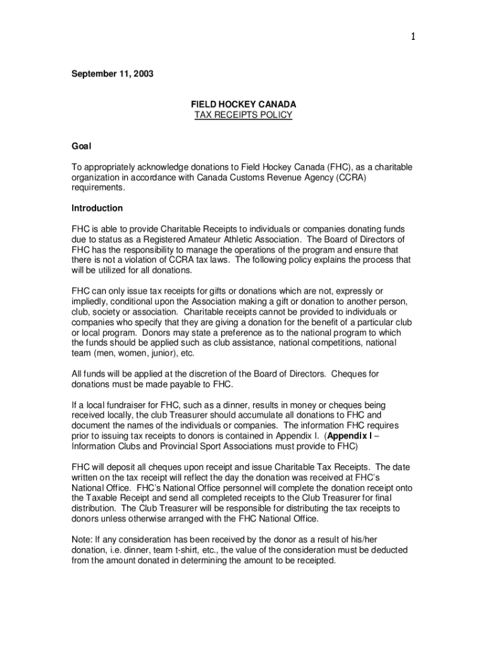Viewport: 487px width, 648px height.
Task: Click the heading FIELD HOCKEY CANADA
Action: tap(243, 104)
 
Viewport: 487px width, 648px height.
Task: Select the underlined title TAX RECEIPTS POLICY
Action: tap(243, 115)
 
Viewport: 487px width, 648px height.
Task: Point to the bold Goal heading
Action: tap(81, 146)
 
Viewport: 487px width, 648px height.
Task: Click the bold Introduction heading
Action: tap(97, 208)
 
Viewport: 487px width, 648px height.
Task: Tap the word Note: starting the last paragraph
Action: tap(82, 540)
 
